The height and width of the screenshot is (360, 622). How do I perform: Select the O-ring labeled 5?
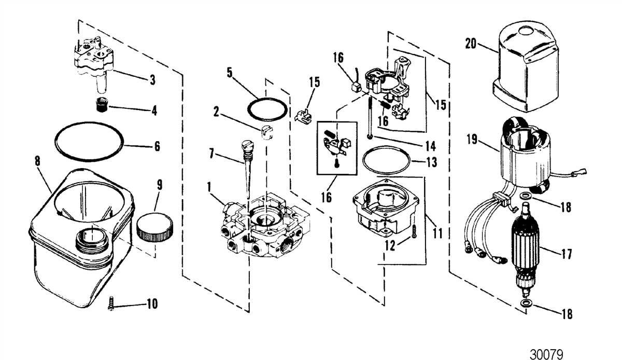click(267, 109)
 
